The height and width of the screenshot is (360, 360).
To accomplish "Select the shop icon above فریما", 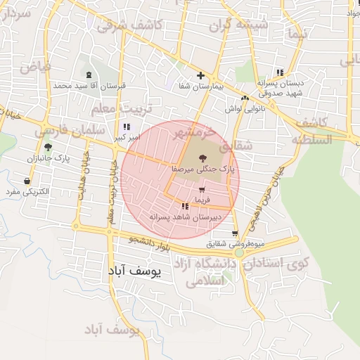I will [202, 190].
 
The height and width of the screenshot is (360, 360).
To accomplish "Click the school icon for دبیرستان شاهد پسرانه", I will [184, 207].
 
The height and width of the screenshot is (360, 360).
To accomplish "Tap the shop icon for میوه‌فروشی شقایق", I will [234, 235].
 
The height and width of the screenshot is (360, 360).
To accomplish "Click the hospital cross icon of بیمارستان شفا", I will [200, 75].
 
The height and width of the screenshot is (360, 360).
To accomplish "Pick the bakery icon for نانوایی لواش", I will [245, 98].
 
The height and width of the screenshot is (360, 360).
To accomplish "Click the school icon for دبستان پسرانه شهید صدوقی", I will [280, 72].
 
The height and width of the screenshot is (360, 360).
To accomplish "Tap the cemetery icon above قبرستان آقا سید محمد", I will [89, 75].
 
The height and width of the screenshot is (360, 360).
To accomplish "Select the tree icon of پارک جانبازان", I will [47, 147].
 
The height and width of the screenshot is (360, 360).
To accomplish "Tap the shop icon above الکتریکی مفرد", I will [27, 181].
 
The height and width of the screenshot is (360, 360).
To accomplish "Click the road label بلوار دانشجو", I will [150, 243].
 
